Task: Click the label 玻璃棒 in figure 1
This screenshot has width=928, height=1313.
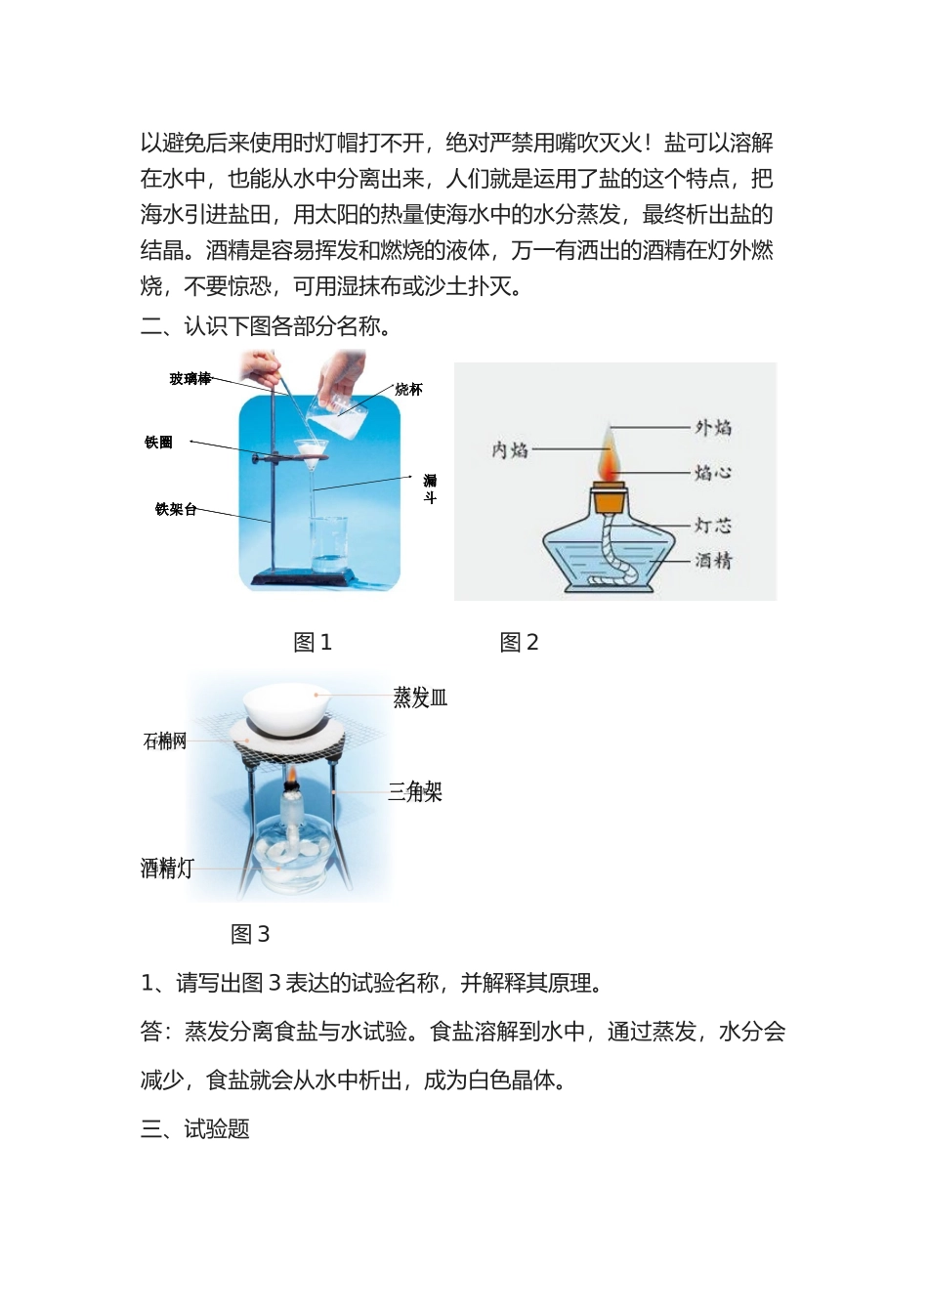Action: pos(190,379)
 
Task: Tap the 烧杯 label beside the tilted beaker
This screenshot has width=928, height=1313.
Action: pos(408,390)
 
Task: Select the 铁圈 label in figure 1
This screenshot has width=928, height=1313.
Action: pos(158,443)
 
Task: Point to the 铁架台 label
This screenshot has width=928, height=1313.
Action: pos(176,509)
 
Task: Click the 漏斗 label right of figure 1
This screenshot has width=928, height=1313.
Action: pos(430,488)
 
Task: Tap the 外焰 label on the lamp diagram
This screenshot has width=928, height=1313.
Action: pos(713,428)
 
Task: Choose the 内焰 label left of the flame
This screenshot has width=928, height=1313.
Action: pos(510,449)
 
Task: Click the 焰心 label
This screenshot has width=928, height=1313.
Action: pos(713,473)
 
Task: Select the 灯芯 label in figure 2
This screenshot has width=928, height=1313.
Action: pos(713,526)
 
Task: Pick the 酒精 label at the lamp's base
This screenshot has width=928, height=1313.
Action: pos(713,561)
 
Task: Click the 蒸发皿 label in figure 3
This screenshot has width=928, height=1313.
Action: pos(420,698)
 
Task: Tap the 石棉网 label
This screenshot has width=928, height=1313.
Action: pos(165,741)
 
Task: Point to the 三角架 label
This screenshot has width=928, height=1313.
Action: pos(415,792)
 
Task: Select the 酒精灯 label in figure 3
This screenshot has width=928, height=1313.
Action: pos(167,868)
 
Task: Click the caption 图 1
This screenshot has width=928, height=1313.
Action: pos(313,643)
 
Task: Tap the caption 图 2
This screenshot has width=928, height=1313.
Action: pos(519,643)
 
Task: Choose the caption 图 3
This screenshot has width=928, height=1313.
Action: pos(250,935)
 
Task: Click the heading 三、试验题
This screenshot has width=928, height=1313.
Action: pos(195,1129)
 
